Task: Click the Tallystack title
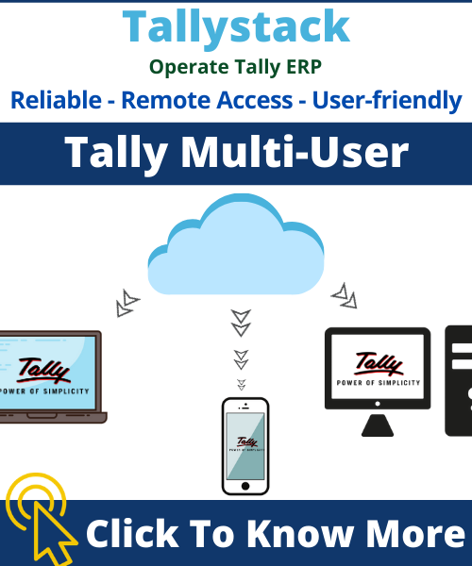236,27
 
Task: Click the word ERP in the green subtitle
304,67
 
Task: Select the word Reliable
56,100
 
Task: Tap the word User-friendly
387,101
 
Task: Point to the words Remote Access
207,100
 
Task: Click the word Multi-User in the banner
295,152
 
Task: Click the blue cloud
236,244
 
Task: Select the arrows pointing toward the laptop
127,303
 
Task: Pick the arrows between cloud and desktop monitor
345,296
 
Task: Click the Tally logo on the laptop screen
43,371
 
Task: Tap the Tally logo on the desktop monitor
379,364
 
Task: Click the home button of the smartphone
245,486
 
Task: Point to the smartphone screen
245,446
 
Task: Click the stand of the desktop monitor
378,425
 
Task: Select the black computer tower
459,381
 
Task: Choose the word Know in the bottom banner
301,534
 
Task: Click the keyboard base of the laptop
52,417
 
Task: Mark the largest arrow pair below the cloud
241,323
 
